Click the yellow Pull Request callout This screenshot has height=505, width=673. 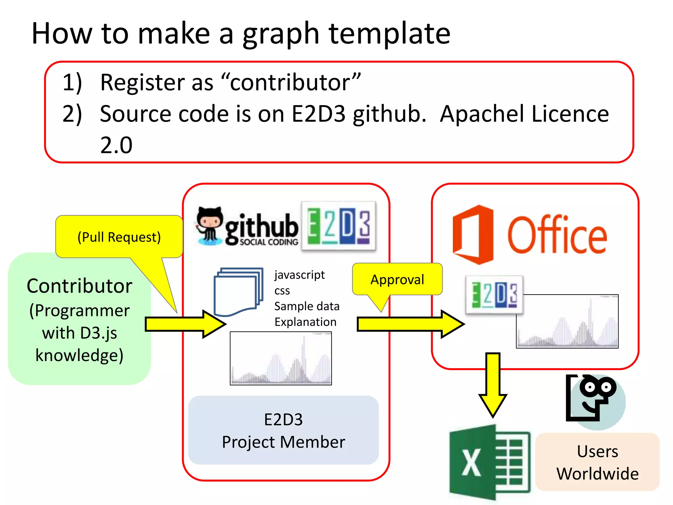(119, 237)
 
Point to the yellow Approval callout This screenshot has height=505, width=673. (397, 279)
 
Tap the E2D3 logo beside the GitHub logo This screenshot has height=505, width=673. (338, 226)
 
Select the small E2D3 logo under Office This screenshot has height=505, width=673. (494, 294)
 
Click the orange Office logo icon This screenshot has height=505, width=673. (473, 235)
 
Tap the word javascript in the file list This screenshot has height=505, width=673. (299, 275)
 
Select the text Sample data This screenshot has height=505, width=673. (307, 306)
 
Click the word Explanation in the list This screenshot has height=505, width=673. (305, 322)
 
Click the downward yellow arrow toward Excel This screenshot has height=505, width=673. (493, 385)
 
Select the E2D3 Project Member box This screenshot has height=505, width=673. (283, 430)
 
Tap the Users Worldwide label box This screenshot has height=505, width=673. (597, 462)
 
